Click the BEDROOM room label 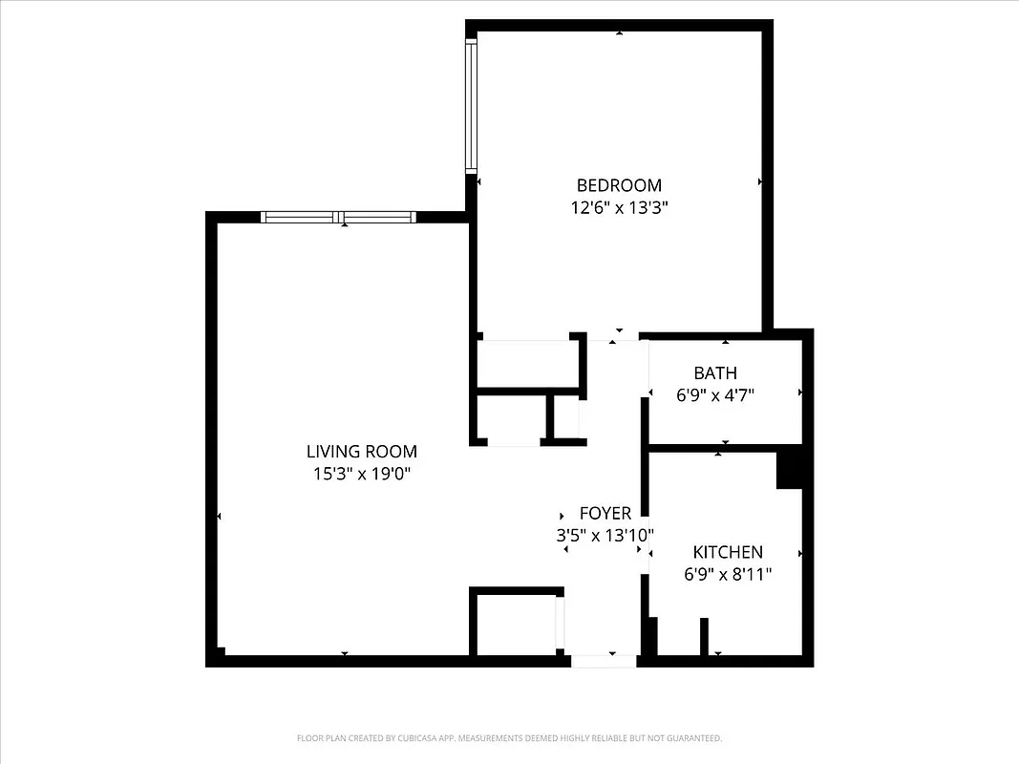[618, 185]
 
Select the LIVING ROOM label [361, 452]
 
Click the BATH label [715, 373]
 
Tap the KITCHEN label [728, 552]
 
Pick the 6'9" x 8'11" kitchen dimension [728, 574]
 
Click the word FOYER [605, 514]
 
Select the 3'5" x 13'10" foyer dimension [605, 536]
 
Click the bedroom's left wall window [471, 105]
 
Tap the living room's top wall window [339, 217]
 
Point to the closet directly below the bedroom [528, 363]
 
